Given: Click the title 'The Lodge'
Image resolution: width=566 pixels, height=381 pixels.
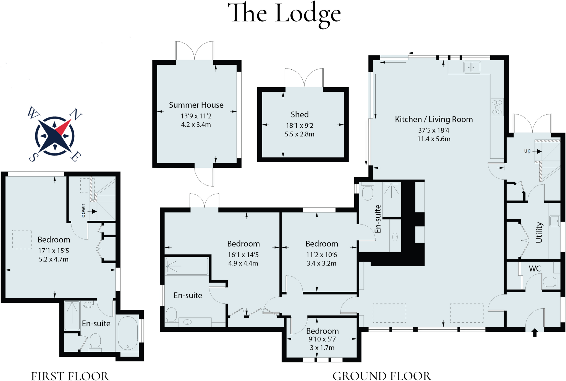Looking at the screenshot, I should tap(284, 14).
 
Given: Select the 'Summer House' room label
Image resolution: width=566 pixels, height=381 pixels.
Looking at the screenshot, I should tap(196, 105).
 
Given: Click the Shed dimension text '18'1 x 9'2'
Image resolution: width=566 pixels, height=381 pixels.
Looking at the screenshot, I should tap(300, 126).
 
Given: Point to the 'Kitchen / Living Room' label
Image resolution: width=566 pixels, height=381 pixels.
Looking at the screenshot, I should tap(434, 119).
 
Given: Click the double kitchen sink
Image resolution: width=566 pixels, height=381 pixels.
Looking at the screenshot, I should tap(472, 67).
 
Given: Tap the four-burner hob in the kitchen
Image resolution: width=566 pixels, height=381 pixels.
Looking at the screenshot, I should tap(497, 107).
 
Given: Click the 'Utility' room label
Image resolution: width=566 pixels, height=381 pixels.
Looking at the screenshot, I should tap(539, 232).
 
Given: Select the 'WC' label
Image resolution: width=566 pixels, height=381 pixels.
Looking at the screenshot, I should tap(535, 269).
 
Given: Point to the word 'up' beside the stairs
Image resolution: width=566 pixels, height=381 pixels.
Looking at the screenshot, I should tap(527, 151).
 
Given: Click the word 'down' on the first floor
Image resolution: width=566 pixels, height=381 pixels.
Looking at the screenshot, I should tap(83, 211).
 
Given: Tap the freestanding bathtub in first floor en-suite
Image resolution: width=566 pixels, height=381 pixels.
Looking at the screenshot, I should tap(128, 333).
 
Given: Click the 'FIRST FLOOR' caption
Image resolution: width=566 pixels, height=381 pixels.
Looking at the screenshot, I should tap(70, 376).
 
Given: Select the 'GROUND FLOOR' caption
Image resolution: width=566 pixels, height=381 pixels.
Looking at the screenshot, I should tap(382, 376).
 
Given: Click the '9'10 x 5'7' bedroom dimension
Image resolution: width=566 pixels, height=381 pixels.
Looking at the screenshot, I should tap(322, 339).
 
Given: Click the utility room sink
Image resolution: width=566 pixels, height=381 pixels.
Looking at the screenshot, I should tap(554, 221).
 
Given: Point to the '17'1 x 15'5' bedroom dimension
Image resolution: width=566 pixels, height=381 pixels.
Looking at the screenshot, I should tap(54, 251).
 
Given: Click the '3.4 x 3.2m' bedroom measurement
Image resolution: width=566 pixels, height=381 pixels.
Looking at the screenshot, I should tap(321, 263).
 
